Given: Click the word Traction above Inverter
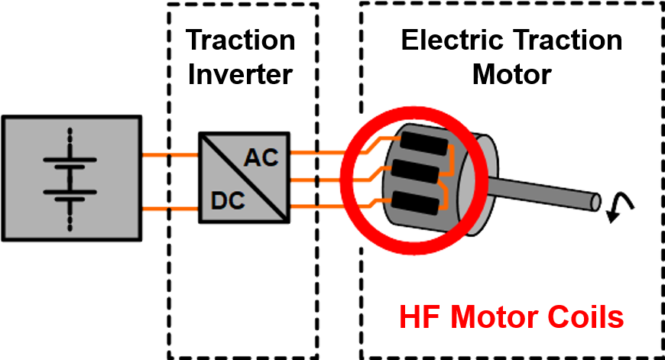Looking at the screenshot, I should (x=241, y=40).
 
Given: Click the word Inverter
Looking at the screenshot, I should (x=241, y=74).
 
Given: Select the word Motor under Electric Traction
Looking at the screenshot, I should (x=512, y=74).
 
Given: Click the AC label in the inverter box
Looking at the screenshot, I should (x=262, y=159).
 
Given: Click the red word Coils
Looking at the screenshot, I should (x=586, y=317).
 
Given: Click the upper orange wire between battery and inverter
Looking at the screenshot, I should (x=170, y=156).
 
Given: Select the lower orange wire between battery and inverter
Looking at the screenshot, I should (x=170, y=206).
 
